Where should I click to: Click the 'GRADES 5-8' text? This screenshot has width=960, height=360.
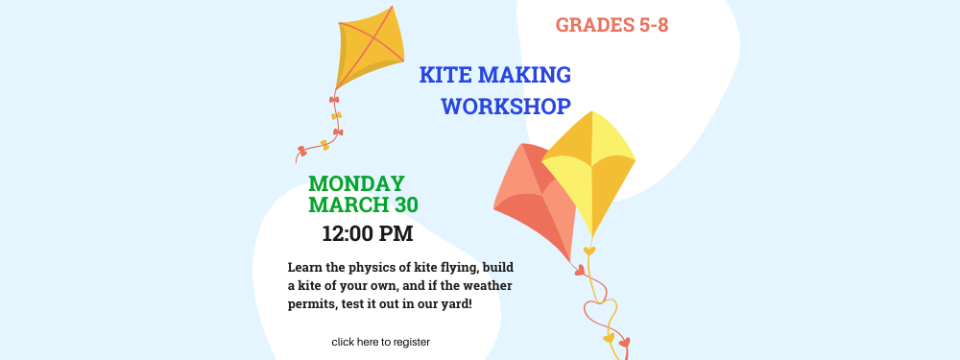click(x=612, y=25)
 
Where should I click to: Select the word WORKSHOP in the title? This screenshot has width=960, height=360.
click(x=506, y=107)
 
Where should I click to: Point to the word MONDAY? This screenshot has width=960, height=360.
click(x=356, y=183)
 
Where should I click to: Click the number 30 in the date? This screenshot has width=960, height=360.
click(x=403, y=204)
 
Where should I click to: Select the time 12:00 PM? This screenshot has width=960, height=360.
click(x=367, y=232)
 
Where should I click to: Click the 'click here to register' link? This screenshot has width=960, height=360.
click(x=380, y=342)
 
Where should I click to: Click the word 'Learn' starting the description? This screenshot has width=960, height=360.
click(x=306, y=267)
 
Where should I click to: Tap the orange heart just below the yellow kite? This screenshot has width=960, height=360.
click(x=588, y=252)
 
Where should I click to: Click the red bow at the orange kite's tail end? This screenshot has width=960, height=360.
click(x=302, y=151)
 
